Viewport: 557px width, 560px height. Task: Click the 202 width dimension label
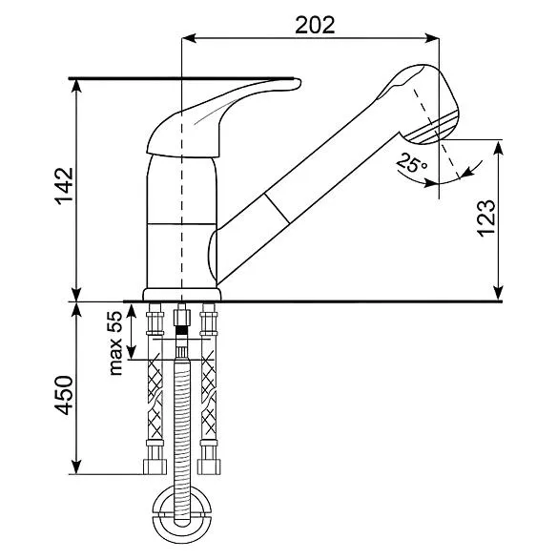(315, 25)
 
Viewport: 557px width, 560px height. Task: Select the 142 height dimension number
(64, 186)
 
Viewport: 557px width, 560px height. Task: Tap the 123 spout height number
(486, 218)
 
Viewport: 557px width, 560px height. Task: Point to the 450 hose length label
(64, 395)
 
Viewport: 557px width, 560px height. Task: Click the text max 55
(115, 342)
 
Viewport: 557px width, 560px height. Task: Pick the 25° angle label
(411, 162)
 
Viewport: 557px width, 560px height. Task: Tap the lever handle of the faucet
(224, 118)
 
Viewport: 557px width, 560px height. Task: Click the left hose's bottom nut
(155, 467)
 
